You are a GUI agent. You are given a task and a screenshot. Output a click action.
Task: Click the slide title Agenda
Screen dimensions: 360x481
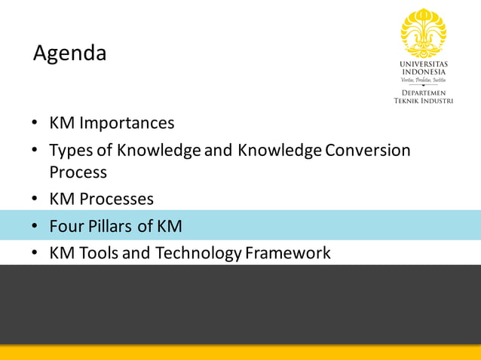tap(70, 54)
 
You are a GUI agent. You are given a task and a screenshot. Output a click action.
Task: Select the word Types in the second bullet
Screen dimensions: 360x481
tap(70, 151)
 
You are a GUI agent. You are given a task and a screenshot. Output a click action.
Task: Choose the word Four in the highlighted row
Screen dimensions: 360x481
tap(66, 226)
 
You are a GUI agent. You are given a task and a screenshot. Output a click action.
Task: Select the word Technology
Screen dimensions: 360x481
tap(198, 253)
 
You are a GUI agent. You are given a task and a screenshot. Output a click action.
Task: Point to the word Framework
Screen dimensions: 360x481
tap(288, 253)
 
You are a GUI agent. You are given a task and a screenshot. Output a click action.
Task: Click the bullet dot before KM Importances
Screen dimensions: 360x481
tap(35, 124)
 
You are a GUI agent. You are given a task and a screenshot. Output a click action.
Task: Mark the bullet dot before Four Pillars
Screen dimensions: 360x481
tap(35, 227)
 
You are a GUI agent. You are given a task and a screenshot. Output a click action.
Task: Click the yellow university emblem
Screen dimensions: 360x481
tap(423, 32)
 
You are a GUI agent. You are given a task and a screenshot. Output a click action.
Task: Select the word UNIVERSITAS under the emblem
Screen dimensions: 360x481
tap(423, 65)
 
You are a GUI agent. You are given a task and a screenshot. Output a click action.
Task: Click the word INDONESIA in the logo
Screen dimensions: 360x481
tap(423, 72)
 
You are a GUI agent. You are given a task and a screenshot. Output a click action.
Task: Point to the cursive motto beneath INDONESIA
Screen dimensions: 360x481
tap(423, 81)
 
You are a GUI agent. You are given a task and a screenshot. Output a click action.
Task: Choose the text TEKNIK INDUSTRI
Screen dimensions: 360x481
tap(423, 100)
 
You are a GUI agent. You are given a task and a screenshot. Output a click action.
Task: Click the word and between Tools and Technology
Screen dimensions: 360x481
tap(136, 253)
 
